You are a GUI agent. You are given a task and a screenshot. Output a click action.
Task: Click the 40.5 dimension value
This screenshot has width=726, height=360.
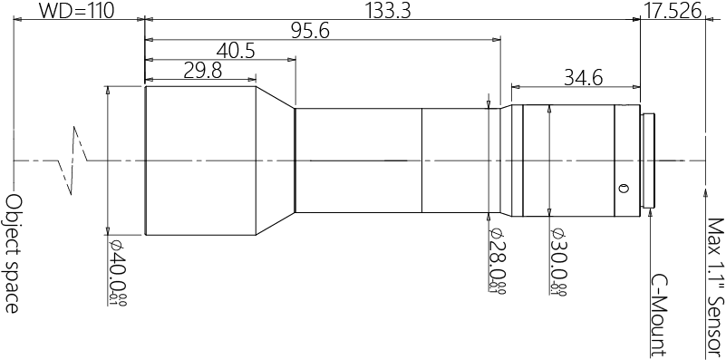click(x=236, y=52)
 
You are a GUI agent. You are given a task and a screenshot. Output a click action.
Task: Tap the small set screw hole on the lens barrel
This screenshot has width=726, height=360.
click(x=622, y=189)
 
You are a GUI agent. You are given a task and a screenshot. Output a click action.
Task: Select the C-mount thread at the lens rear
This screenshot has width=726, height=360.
click(x=650, y=161)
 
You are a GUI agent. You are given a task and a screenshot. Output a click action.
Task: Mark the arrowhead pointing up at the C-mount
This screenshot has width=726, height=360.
click(x=652, y=214)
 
